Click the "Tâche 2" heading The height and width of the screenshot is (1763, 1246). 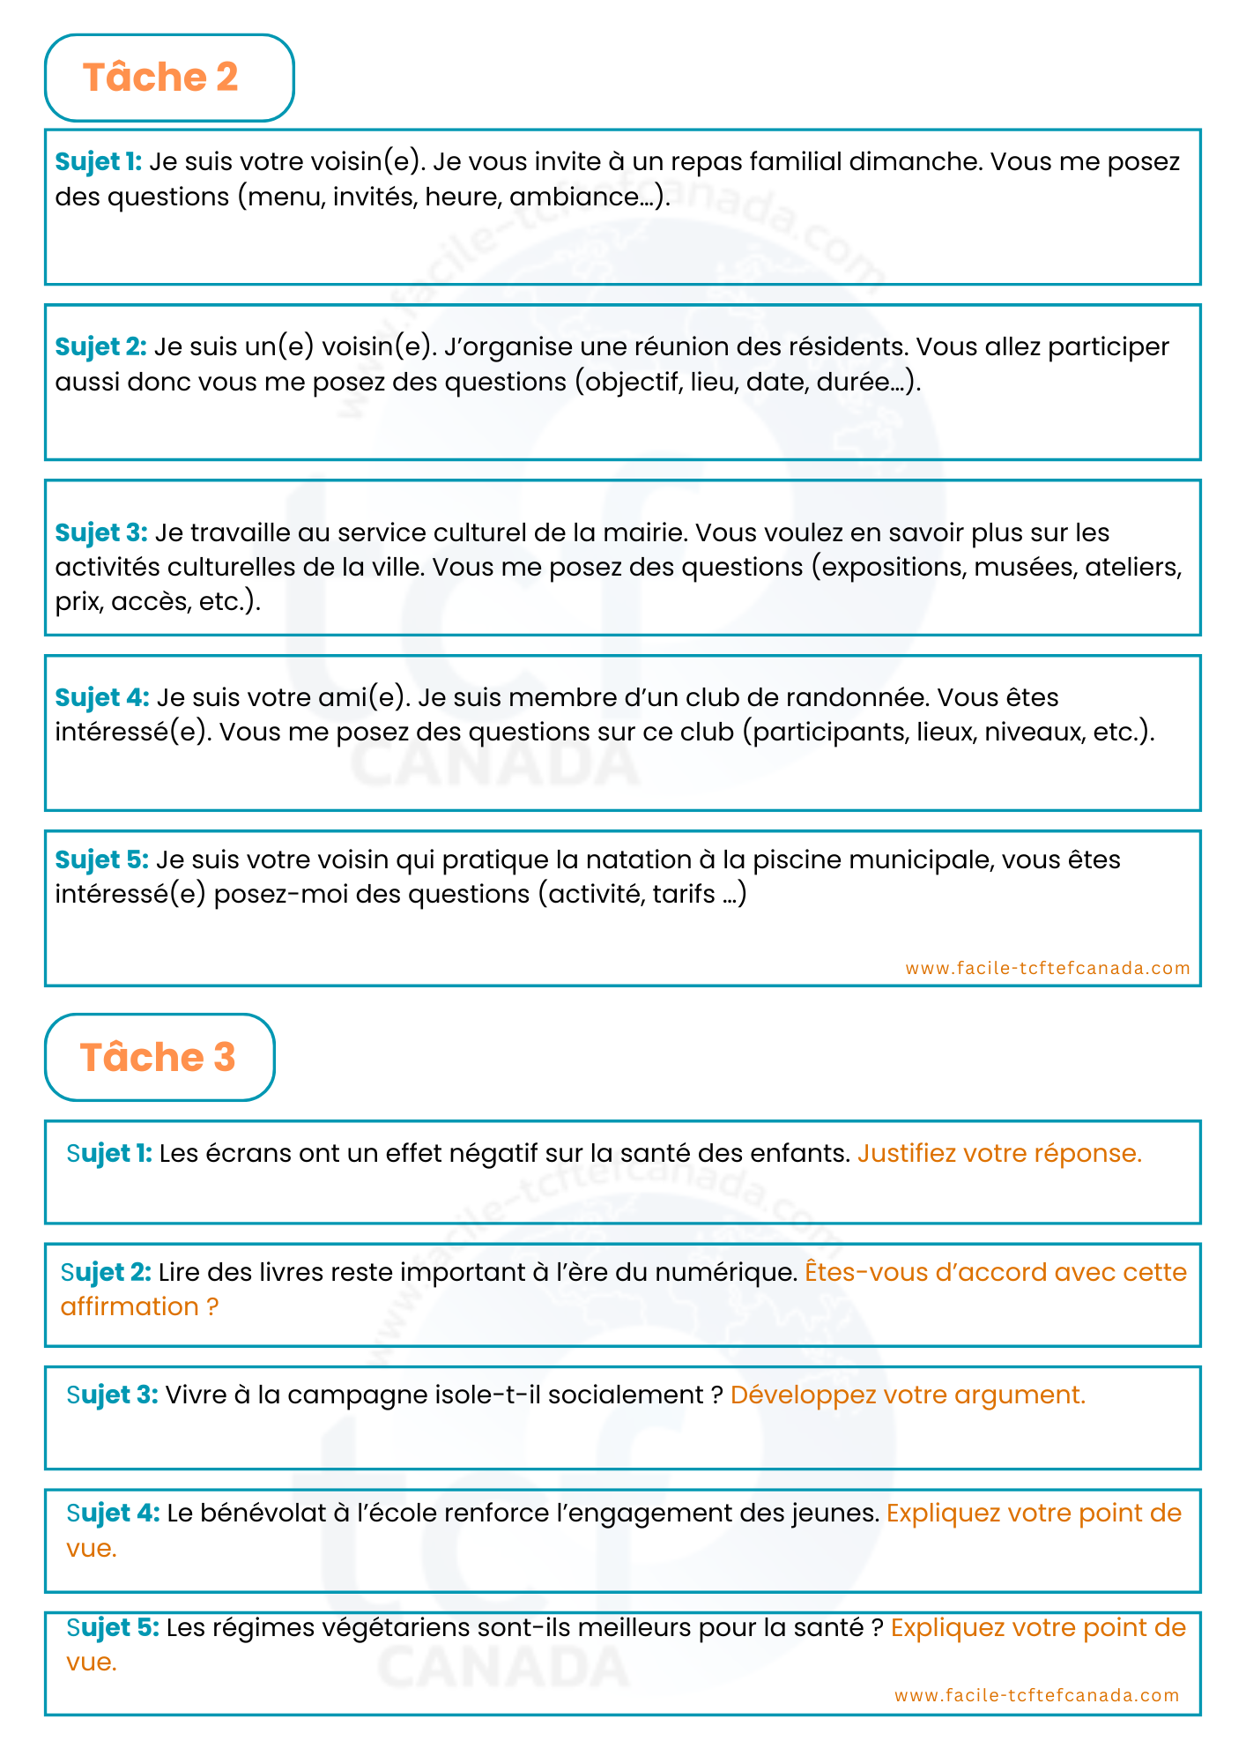(x=160, y=78)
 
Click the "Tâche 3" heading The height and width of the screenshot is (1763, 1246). (x=158, y=1057)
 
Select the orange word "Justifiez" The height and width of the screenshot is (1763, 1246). (x=907, y=1154)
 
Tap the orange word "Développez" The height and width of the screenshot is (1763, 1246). (x=803, y=1395)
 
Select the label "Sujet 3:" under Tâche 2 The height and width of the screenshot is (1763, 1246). (x=101, y=533)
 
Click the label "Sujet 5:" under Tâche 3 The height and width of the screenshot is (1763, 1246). (x=113, y=1628)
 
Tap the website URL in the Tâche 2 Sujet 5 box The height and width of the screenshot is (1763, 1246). (x=1048, y=968)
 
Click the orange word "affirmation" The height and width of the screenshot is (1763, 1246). (x=130, y=1307)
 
